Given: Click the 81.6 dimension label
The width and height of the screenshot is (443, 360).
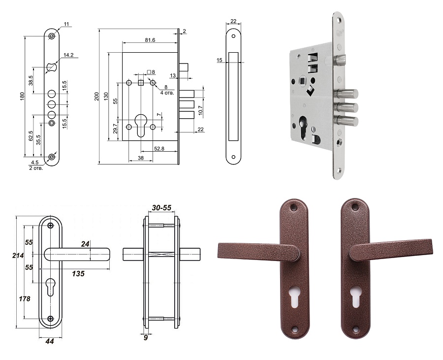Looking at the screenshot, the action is point(150,40).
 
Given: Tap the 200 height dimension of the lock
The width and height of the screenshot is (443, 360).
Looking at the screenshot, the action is point(96,97).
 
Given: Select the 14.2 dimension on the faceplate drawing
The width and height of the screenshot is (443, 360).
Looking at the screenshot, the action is point(68,55).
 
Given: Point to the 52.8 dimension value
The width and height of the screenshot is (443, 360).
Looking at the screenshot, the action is point(159,148).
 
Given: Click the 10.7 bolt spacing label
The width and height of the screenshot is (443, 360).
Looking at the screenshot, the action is point(200,110).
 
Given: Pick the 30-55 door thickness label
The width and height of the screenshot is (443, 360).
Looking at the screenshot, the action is point(161,208).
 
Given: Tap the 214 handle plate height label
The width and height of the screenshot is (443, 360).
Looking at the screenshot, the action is point(18,256).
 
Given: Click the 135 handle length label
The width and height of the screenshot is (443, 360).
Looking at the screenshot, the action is point(78,273).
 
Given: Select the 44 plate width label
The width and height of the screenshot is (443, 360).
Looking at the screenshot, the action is point(49,341).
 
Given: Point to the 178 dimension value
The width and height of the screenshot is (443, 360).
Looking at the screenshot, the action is point(25,298).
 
